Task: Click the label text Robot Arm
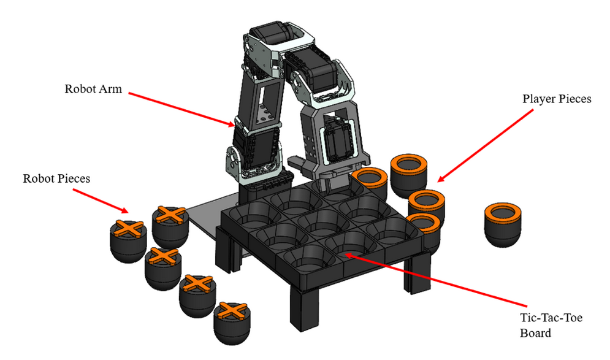[93, 88]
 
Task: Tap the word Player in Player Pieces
[539, 99]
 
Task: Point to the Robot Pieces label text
[56, 178]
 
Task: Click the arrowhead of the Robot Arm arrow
[232, 125]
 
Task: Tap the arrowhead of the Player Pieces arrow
[439, 180]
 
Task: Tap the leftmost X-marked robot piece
[128, 238]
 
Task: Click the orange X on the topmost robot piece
[169, 215]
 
